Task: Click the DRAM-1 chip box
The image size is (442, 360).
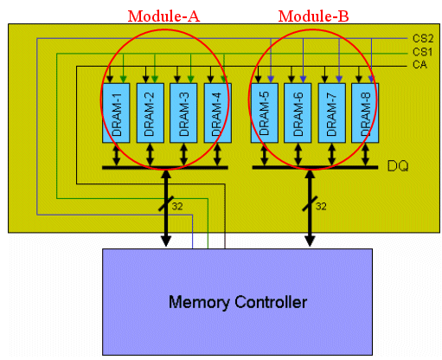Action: coord(116,112)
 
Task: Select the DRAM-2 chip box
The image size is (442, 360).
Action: coord(151,112)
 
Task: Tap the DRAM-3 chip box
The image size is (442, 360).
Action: coord(183,112)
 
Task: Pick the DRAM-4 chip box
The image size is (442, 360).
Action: coord(218,112)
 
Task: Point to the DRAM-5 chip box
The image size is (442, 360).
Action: coord(265,112)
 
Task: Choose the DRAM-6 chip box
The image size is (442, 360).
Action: coord(298,112)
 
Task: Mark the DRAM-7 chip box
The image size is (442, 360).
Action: coord(332,112)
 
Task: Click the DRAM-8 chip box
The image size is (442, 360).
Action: coord(365,112)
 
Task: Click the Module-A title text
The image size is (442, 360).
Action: coord(163,16)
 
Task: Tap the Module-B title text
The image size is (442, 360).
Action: coord(313,16)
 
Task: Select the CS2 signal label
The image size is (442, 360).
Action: coord(423,38)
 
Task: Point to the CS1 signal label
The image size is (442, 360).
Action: coord(423,52)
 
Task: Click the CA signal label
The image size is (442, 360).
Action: coord(420,65)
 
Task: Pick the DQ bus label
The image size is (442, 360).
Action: coord(398,166)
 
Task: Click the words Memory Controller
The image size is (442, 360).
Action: coord(238,302)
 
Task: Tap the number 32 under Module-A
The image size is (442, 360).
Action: coord(177,206)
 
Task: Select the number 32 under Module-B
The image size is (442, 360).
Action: coord(321,206)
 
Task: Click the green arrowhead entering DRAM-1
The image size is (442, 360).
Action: coord(123,80)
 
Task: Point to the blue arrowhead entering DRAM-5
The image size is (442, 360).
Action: coord(271,80)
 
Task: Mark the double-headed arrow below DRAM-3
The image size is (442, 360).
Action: coord(183,155)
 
